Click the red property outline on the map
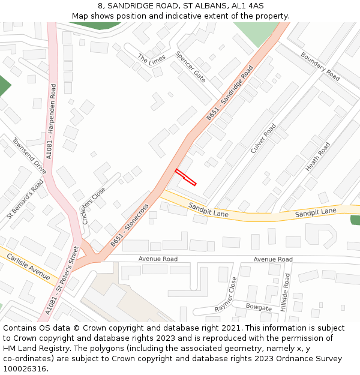click(x=185, y=177)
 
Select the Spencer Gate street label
click(x=190, y=66)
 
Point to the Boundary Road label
click(x=320, y=67)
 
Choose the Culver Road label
click(x=263, y=138)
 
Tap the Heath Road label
click(x=317, y=157)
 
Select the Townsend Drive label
click(x=29, y=155)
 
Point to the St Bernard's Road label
click(x=25, y=199)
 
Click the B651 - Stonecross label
click(x=129, y=226)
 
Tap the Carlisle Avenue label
click(x=28, y=266)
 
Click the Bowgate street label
click(x=259, y=307)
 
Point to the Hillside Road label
click(x=287, y=292)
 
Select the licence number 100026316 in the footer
click(x=25, y=368)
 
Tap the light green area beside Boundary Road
click(x=256, y=33)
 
